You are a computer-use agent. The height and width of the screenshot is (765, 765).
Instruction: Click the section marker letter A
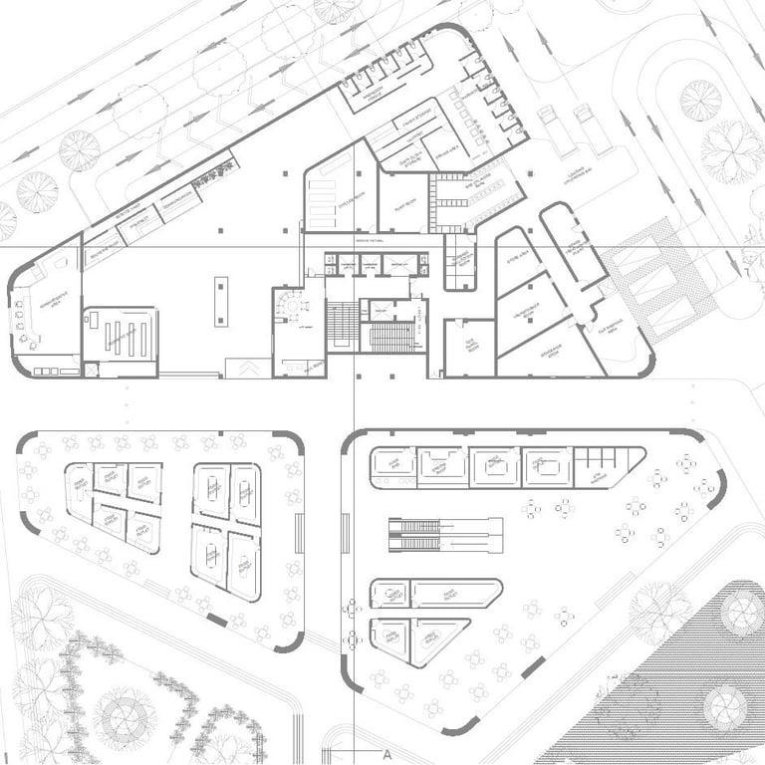coord(386,754)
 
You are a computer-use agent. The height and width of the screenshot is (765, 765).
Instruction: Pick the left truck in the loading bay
coord(551,129)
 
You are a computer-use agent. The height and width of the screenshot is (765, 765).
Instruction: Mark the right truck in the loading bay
coord(590,129)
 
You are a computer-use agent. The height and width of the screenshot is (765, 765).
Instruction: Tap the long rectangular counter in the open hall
coord(220,301)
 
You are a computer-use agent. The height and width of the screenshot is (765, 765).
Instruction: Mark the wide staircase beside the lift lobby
coord(388,337)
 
